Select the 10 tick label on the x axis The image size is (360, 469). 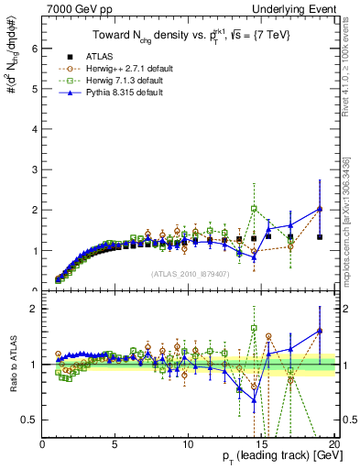187,444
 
